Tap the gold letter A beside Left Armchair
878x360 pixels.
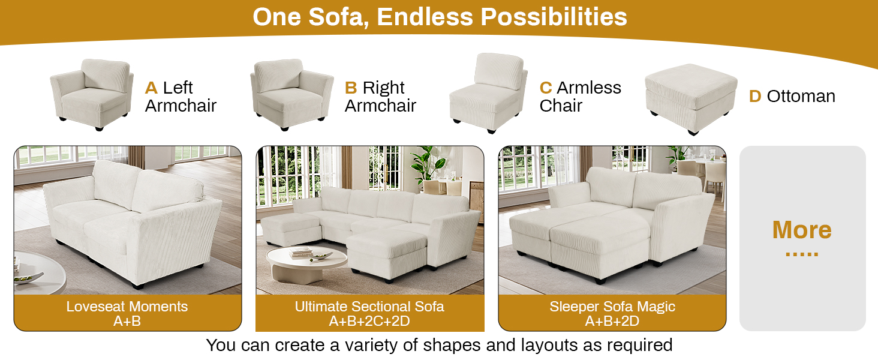[151, 88]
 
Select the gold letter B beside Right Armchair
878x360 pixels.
[351, 88]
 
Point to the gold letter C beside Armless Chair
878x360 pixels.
[546, 88]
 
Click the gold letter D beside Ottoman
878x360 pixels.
[755, 97]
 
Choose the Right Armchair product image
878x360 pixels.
[291, 94]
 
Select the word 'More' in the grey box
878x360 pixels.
[802, 230]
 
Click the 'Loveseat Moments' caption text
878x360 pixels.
[127, 307]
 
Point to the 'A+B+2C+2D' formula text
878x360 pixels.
[369, 322]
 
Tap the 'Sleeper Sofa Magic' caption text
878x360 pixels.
[612, 307]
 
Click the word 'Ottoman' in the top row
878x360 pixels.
[801, 97]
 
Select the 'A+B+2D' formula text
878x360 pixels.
[612, 322]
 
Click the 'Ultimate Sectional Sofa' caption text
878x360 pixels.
[369, 307]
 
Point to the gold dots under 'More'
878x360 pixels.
[802, 254]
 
